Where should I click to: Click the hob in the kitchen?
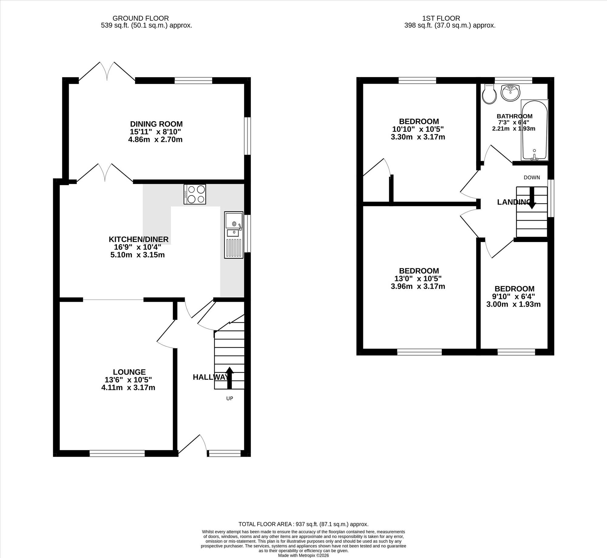tap(195, 194)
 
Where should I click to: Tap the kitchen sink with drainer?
tap(234, 235)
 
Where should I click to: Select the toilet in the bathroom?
tap(489, 94)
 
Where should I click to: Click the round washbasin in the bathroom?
tap(510, 93)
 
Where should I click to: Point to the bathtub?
tap(534, 130)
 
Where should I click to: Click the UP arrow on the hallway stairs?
tap(229, 378)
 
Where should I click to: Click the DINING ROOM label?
tap(156, 124)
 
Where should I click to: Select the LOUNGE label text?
tap(129, 372)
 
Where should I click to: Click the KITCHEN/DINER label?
tap(138, 239)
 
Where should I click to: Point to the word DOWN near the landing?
tap(532, 177)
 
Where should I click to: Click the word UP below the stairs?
tap(230, 398)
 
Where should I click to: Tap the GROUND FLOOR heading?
tap(141, 18)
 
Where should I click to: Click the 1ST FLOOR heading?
tap(441, 18)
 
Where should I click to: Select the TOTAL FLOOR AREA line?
tap(303, 524)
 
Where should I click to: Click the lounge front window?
tap(117, 453)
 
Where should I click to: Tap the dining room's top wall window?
tap(193, 80)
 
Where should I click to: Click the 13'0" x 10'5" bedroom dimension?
tap(418, 278)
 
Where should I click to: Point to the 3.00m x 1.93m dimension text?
tap(514, 304)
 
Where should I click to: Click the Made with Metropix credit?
tap(303, 555)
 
